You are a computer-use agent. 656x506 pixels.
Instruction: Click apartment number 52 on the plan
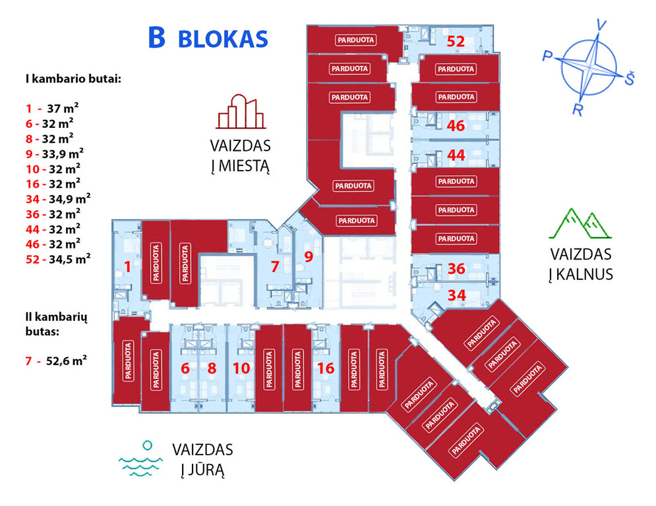click(456, 41)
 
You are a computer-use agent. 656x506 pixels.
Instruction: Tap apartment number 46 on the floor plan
click(456, 125)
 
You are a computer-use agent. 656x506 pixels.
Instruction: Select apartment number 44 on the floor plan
click(456, 155)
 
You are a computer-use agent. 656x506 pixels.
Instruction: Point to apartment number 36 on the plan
click(456, 268)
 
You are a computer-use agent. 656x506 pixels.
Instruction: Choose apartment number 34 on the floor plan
click(456, 295)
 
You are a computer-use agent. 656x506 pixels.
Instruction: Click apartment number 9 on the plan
click(309, 256)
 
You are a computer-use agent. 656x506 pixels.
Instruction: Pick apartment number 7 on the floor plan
click(275, 266)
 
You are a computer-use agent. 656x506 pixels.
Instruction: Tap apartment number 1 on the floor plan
click(128, 266)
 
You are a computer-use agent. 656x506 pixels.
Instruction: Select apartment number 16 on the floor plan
click(326, 368)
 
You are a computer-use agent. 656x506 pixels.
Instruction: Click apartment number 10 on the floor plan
click(241, 368)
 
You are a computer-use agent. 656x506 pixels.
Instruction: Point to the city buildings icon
click(241, 111)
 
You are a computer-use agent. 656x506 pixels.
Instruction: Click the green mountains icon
click(580, 223)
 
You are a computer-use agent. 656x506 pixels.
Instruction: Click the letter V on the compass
click(602, 26)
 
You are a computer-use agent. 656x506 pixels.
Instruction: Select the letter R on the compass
click(578, 109)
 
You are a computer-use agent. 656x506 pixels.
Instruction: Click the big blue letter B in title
click(156, 38)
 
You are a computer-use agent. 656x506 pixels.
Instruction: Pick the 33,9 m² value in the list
click(63, 154)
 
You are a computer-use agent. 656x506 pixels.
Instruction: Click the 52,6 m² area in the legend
click(67, 360)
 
